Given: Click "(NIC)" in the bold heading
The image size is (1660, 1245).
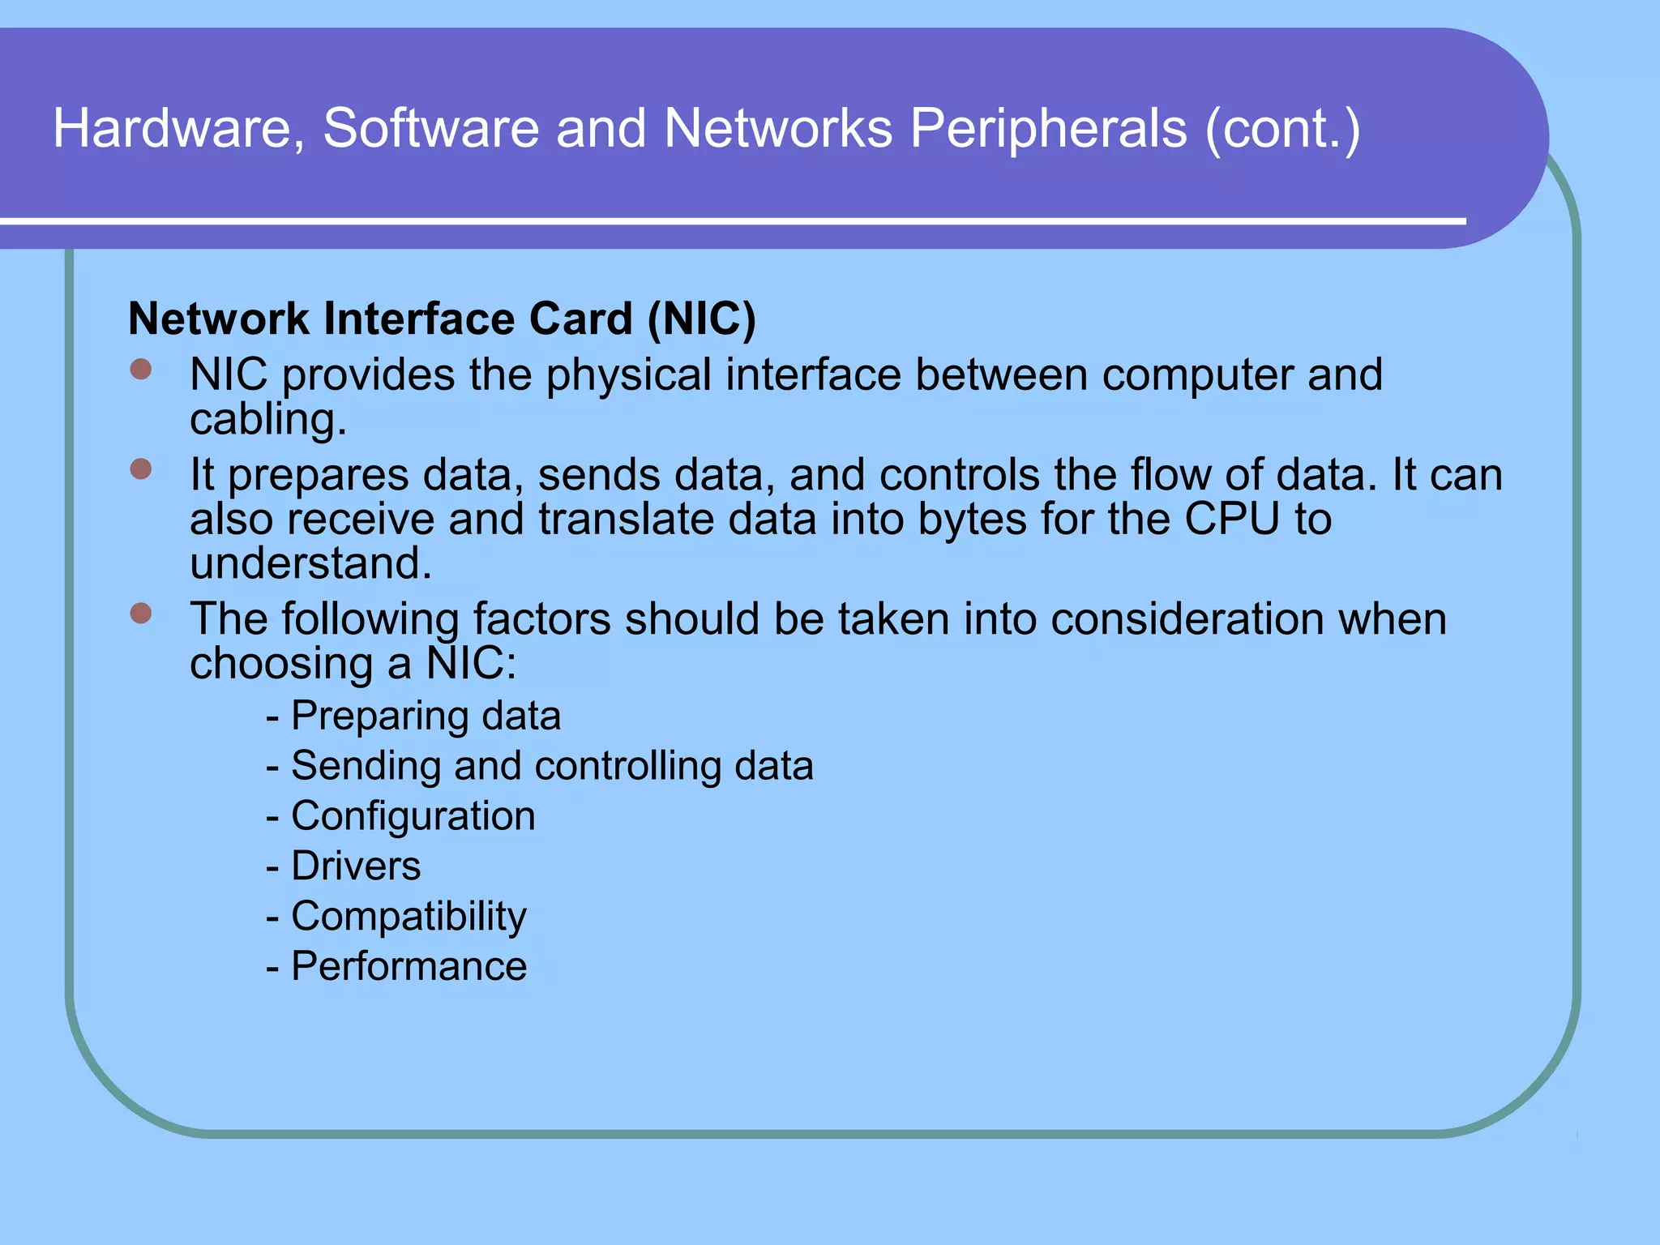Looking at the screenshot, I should (702, 319).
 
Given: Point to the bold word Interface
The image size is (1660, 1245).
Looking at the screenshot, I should (421, 319).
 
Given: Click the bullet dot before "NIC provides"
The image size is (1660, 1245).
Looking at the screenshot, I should (141, 370).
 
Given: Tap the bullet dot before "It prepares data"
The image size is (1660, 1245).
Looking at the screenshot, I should (141, 469).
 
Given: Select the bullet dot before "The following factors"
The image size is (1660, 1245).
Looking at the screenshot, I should (141, 614).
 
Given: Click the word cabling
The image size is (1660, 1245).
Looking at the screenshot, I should (267, 420).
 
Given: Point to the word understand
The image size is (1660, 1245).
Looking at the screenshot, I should (310, 563).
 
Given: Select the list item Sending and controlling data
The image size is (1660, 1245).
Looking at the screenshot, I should (551, 766).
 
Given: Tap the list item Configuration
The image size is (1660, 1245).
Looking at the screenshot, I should (413, 816).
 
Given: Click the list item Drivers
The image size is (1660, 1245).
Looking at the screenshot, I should (356, 866).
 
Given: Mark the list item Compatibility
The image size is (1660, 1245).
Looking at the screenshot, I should (409, 917).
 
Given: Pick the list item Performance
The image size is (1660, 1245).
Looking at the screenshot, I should (409, 966).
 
